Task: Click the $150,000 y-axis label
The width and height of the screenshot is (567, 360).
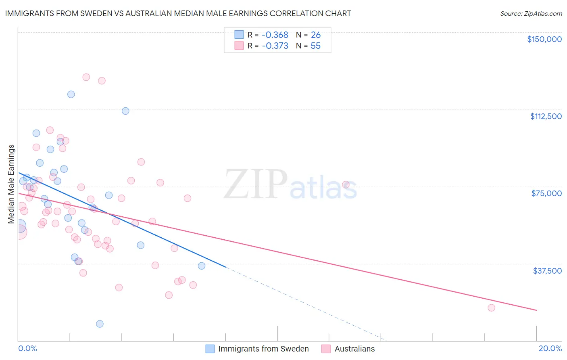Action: [x=544, y=39]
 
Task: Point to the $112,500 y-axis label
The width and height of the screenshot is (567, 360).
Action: [x=546, y=116]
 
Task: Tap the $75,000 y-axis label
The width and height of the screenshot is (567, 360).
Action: [x=546, y=193]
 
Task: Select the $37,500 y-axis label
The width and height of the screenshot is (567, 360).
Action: [x=547, y=271]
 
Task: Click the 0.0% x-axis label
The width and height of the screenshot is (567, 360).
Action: [x=27, y=348]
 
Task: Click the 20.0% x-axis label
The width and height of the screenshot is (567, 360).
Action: [x=550, y=348]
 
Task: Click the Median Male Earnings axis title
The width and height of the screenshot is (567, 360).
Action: [x=11, y=184]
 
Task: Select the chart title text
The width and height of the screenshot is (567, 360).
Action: [x=178, y=13]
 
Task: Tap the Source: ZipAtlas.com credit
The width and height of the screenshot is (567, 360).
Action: [x=531, y=13]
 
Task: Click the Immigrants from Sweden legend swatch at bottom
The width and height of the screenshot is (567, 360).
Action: [x=210, y=349]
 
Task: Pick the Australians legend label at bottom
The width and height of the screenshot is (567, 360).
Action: [x=354, y=349]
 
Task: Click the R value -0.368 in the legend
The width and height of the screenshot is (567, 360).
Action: [x=275, y=35]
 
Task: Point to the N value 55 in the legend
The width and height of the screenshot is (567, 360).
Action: [x=315, y=46]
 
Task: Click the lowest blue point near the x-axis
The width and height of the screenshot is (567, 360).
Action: [x=100, y=324]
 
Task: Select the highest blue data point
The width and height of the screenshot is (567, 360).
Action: [x=71, y=94]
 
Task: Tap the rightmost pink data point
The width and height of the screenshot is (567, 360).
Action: [x=491, y=308]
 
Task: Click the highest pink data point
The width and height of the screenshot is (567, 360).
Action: [x=86, y=77]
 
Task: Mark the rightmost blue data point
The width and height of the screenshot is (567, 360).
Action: [x=202, y=266]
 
